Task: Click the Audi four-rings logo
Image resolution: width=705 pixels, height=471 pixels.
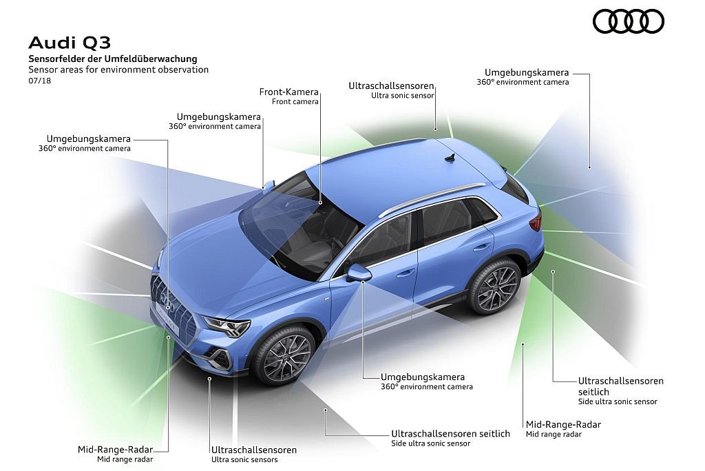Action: point(628,21)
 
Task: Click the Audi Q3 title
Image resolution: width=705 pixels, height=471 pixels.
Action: point(70,43)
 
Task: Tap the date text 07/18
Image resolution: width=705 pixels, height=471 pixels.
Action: point(39,81)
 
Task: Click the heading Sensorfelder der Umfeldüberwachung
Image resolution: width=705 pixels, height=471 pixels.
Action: point(113,59)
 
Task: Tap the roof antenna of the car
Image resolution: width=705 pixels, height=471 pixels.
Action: point(450,157)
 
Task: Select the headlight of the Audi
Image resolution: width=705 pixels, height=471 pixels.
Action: point(227,326)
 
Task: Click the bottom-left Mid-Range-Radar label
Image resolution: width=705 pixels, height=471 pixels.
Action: point(116,454)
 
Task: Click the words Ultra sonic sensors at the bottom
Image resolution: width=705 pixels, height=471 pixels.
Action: point(244,459)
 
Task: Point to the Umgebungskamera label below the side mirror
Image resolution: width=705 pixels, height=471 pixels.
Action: point(427,381)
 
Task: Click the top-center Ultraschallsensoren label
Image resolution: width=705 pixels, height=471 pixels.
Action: point(391,90)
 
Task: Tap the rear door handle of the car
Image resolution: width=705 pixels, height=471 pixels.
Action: point(481,247)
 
